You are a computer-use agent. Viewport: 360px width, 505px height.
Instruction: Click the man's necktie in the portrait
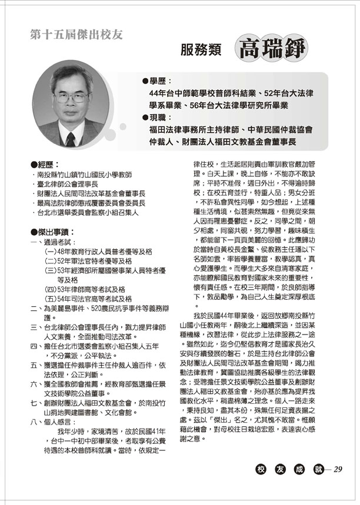(x=71, y=139)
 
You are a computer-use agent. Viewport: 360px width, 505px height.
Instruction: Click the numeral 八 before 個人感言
(x=33, y=421)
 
